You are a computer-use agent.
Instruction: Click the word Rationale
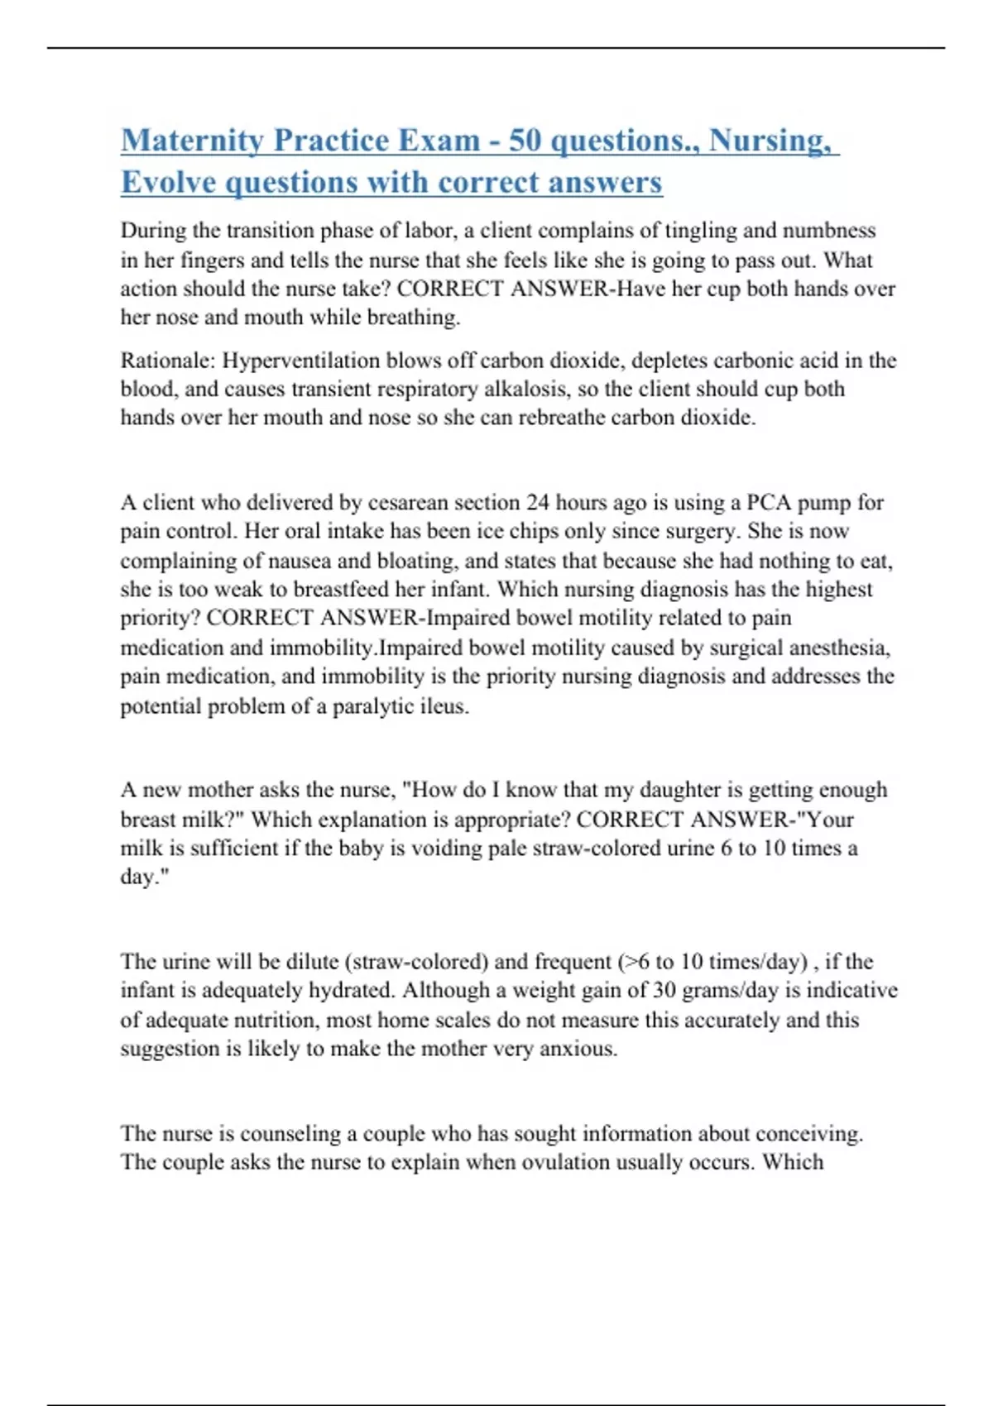(166, 361)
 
